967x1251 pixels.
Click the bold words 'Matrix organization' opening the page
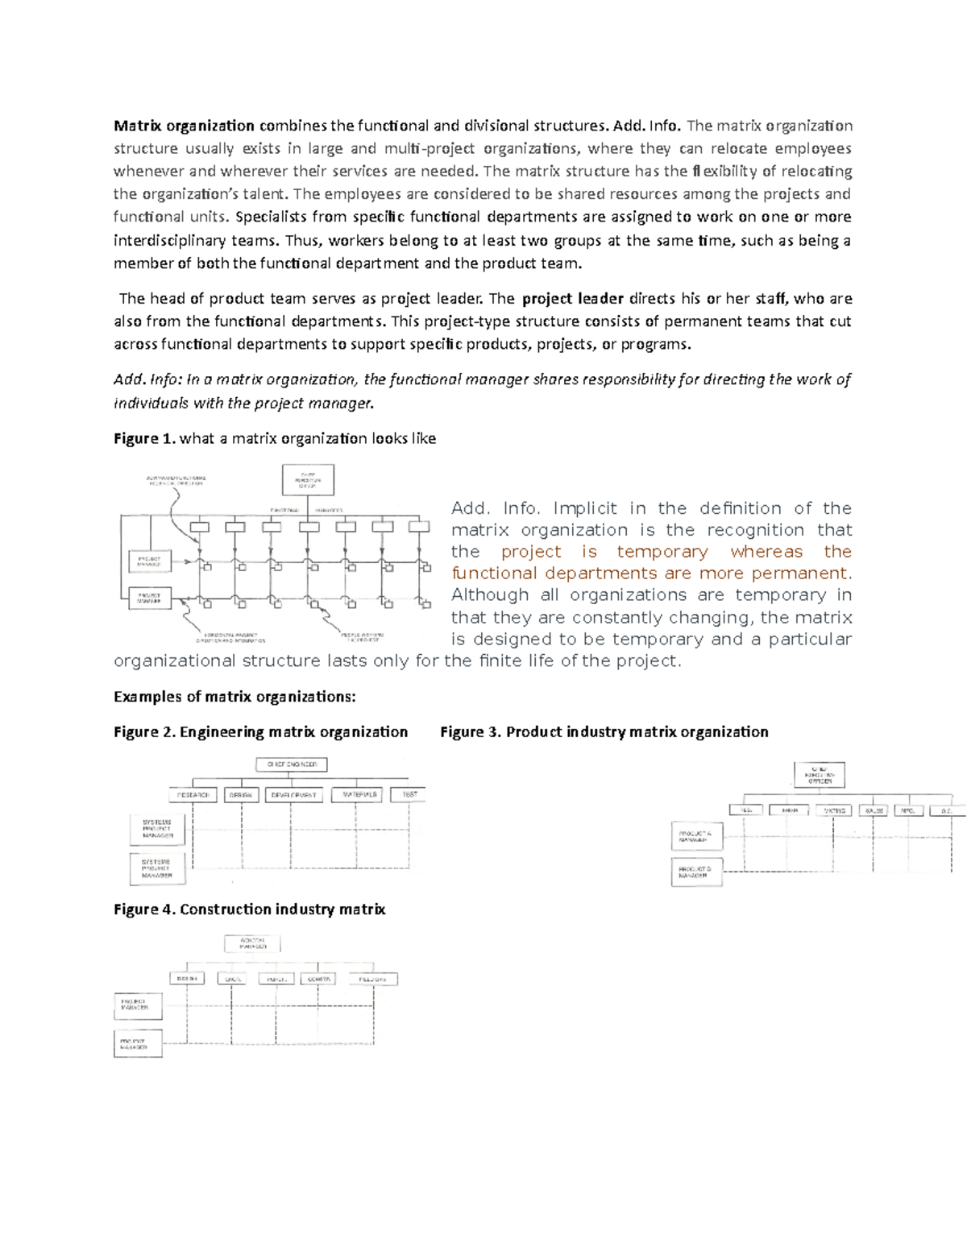[x=184, y=126]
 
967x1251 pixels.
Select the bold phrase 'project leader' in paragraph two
[x=573, y=299]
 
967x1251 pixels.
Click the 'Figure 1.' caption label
[x=144, y=439]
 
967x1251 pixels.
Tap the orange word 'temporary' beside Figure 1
[x=662, y=552]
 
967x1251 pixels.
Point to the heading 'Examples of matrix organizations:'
[x=234, y=697]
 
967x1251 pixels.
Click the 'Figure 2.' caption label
[x=144, y=732]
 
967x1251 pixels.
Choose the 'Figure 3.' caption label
[x=471, y=732]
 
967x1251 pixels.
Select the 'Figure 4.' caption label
[x=144, y=909]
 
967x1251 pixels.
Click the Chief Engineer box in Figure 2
[x=292, y=764]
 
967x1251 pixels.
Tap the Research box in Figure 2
[x=193, y=795]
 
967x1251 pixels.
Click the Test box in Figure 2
[x=409, y=795]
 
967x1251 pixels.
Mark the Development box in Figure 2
[x=293, y=795]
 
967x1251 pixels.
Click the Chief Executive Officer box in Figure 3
[x=819, y=775]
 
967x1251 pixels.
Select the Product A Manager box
[x=696, y=836]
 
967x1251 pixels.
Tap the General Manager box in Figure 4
[x=252, y=943]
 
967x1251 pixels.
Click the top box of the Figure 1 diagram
[x=308, y=480]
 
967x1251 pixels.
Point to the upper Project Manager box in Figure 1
[x=150, y=561]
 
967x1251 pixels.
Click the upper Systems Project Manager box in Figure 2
[x=157, y=829]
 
